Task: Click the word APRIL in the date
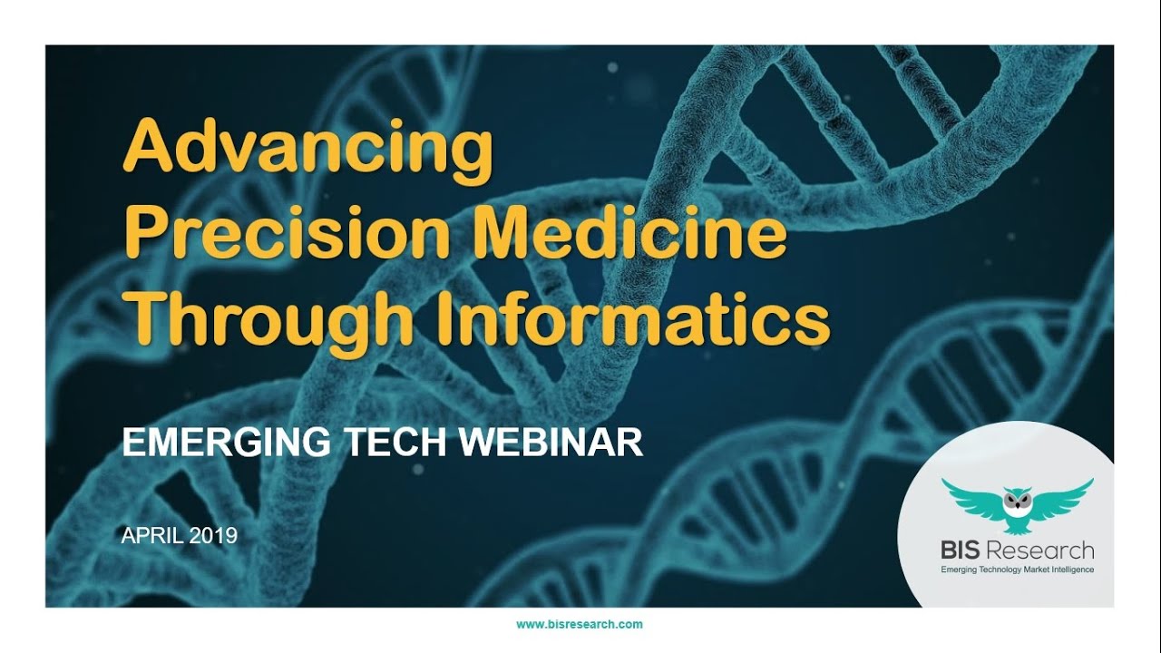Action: point(152,536)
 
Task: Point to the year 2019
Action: point(214,536)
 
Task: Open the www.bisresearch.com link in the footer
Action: point(579,624)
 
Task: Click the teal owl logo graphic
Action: point(1016,502)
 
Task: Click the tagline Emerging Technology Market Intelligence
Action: point(1016,570)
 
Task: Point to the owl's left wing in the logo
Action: point(971,493)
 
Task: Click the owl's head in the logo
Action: point(1016,497)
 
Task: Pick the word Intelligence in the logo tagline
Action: point(1073,570)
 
